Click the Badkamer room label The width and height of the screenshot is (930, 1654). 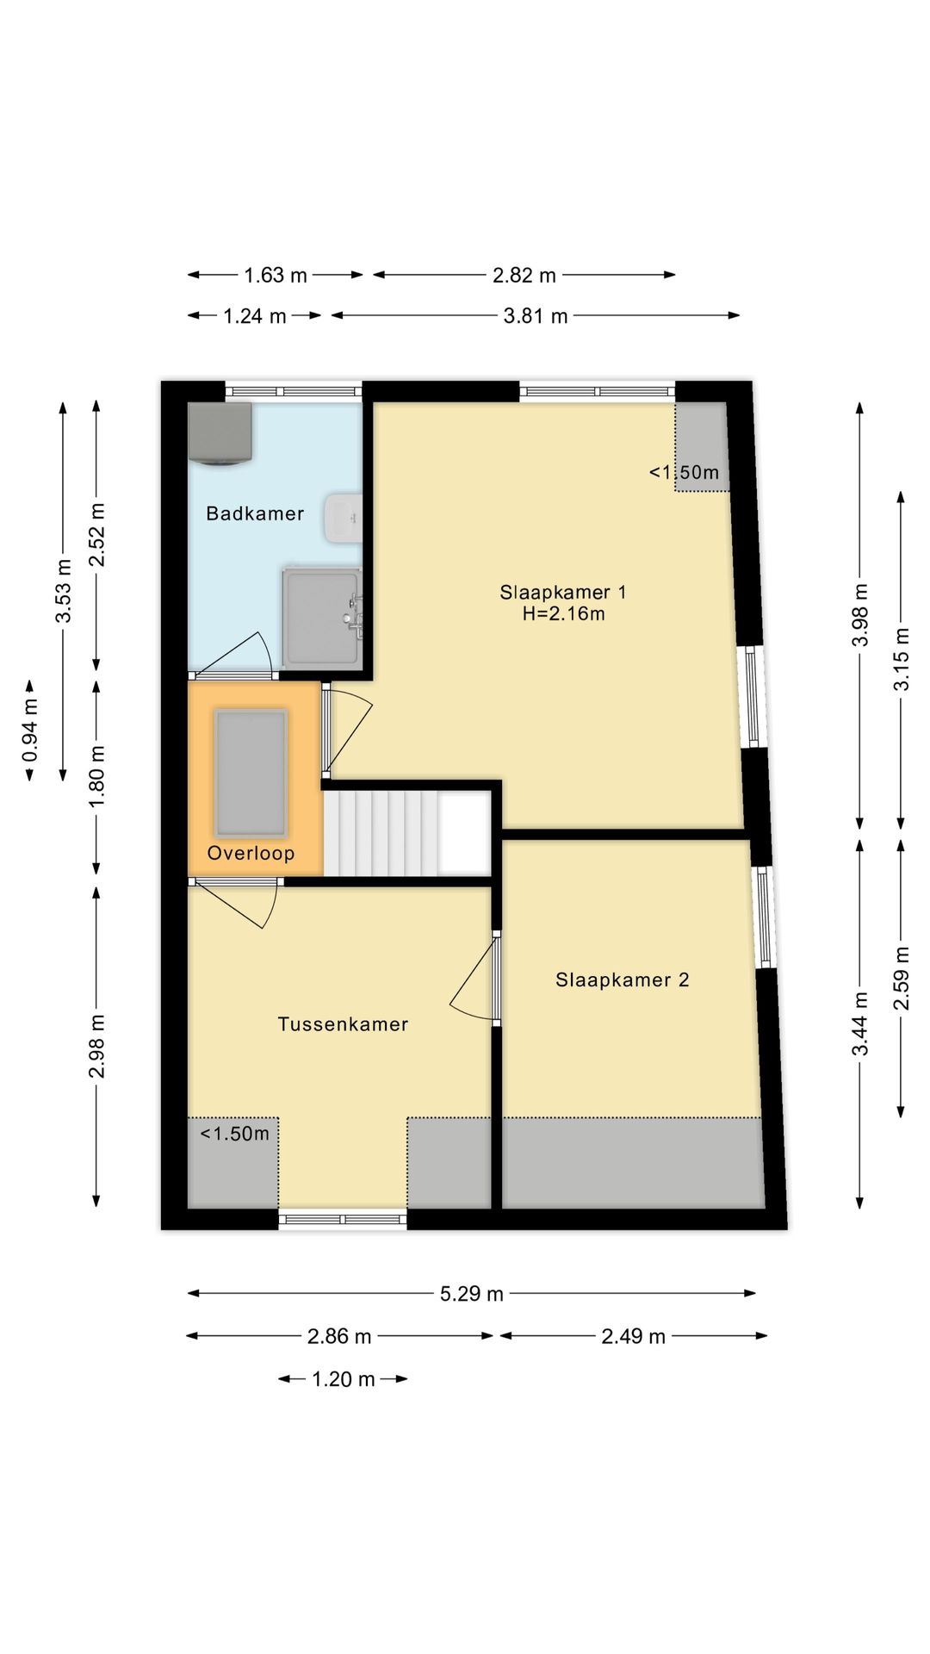click(x=255, y=514)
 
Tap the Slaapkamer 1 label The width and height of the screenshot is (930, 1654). click(x=563, y=592)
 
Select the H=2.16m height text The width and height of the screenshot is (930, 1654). click(x=563, y=614)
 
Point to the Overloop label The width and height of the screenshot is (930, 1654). click(x=251, y=854)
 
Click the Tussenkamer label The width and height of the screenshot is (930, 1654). click(x=343, y=1024)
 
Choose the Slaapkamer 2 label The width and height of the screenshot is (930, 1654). click(x=622, y=980)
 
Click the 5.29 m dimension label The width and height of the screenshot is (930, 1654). click(x=472, y=1294)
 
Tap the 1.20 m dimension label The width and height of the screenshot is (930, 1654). click(x=343, y=1379)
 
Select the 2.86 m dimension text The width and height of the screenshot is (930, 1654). click(x=339, y=1336)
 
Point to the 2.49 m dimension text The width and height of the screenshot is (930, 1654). click(x=634, y=1336)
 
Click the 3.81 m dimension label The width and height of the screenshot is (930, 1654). click(x=536, y=316)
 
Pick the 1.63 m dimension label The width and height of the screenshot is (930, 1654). click(x=276, y=276)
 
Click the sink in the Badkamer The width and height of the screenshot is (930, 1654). click(x=344, y=519)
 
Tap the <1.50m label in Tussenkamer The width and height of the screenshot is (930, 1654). click(x=234, y=1134)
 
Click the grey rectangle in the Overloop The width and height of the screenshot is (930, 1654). click(x=251, y=773)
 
